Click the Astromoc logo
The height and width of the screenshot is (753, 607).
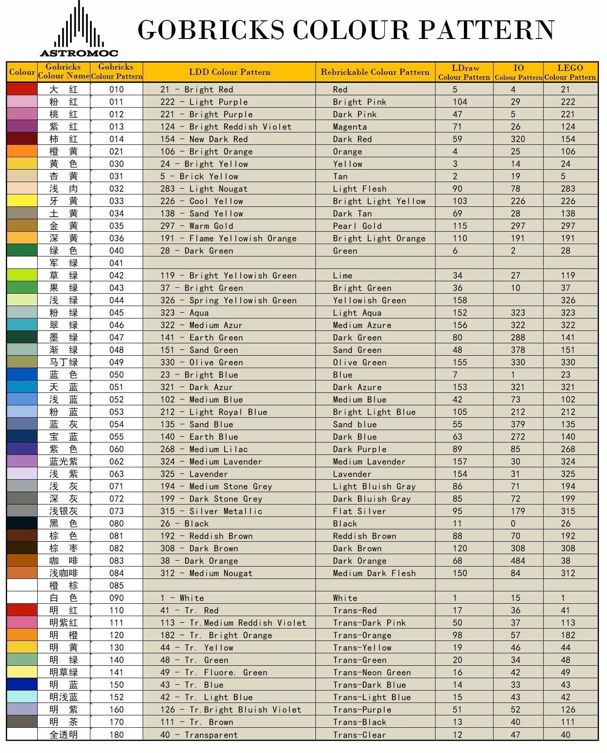click(79, 30)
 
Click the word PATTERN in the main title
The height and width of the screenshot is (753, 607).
click(486, 30)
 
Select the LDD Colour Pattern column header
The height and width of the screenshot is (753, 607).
click(230, 72)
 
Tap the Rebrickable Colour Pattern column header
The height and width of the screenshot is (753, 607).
click(375, 72)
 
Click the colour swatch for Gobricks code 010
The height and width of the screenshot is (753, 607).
click(22, 89)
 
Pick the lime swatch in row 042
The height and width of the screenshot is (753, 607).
click(22, 275)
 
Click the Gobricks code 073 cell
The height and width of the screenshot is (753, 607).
click(117, 511)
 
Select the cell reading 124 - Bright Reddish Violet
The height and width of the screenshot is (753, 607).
click(226, 127)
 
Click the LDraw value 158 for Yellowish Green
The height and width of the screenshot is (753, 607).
click(460, 300)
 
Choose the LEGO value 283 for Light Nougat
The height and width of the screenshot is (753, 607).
click(568, 189)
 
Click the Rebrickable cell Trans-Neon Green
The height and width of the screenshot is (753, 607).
click(372, 672)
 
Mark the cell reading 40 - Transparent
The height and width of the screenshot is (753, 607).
click(199, 735)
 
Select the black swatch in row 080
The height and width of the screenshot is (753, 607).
click(22, 523)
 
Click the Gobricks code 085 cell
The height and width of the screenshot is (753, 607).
click(117, 585)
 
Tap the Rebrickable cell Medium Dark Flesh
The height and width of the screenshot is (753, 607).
click(374, 573)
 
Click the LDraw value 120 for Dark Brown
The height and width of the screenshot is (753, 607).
click(460, 548)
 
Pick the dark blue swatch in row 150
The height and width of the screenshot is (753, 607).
click(22, 684)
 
